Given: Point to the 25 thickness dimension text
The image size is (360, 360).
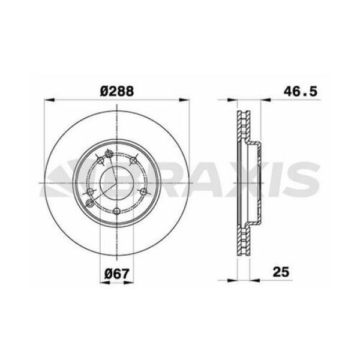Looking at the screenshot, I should point(281,272).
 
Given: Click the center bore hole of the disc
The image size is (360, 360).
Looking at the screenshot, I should point(116,182).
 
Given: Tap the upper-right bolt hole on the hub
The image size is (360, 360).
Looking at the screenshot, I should point(138,158).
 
